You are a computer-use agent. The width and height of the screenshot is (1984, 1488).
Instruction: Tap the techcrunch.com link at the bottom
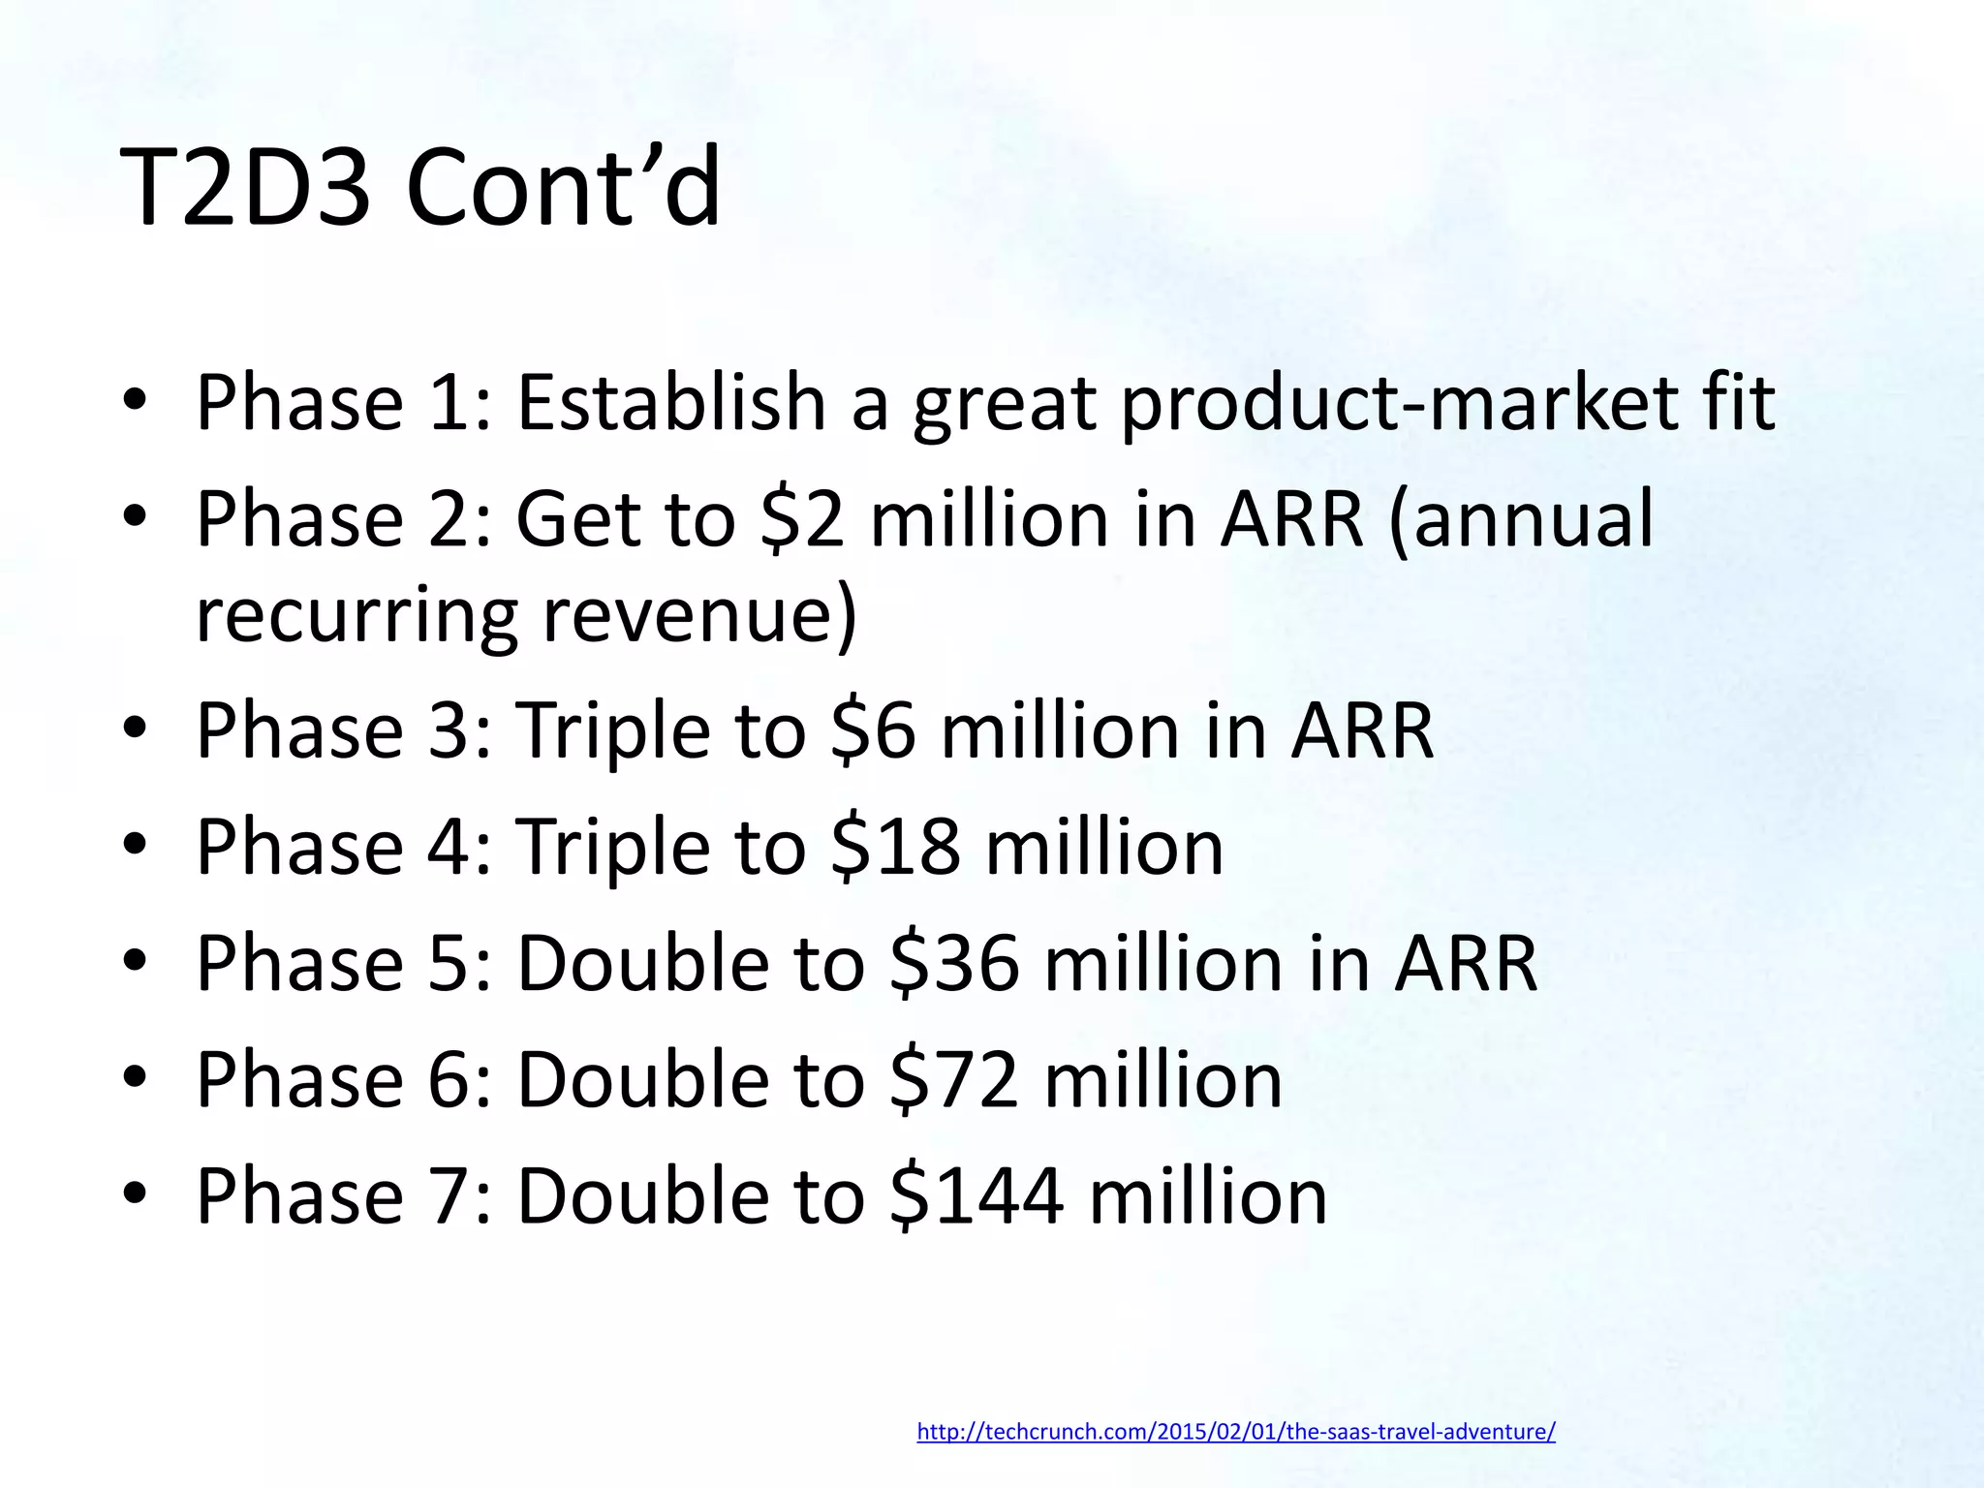(1235, 1432)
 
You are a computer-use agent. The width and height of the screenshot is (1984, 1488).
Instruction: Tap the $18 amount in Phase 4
(896, 847)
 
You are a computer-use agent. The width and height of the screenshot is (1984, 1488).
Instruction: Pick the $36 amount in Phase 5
(954, 964)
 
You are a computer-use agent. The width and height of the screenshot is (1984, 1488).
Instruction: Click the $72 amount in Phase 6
(954, 1080)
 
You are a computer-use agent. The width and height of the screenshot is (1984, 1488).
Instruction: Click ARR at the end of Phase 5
(1466, 964)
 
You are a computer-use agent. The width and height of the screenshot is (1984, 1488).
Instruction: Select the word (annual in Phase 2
(1521, 519)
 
